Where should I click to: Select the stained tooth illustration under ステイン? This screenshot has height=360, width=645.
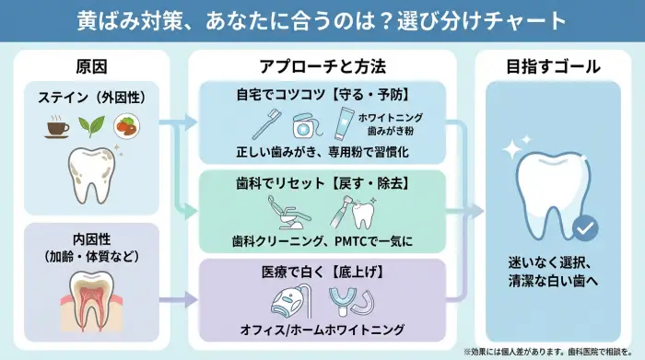[90, 174]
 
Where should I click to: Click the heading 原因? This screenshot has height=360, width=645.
[90, 67]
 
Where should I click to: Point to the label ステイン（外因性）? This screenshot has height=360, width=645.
[90, 97]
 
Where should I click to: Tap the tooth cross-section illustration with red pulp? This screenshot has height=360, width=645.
[90, 295]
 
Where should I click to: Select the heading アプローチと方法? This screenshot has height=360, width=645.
[322, 67]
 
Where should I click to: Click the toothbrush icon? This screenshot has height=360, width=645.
[265, 124]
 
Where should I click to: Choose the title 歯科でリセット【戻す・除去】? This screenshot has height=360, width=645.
[322, 184]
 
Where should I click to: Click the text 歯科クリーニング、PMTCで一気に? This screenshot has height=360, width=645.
[322, 242]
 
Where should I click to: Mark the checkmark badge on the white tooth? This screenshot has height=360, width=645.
[584, 226]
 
